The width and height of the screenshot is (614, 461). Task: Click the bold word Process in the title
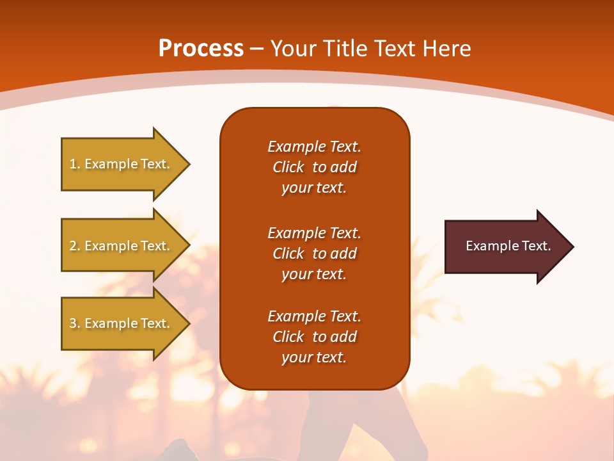[x=201, y=49]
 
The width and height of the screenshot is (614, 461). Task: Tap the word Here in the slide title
[x=445, y=49]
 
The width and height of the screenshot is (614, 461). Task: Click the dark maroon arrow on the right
[x=505, y=247]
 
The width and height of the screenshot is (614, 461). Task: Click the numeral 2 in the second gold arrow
[x=73, y=246]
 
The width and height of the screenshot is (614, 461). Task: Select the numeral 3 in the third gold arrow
[x=73, y=323]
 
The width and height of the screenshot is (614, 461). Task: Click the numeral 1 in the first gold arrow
[x=73, y=164]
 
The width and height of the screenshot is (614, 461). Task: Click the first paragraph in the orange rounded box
[x=314, y=167]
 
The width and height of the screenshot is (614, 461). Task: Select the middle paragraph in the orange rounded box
[x=314, y=254]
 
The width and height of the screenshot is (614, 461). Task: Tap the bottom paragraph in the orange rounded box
[x=314, y=337]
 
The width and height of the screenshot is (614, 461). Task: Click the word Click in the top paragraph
[x=288, y=167]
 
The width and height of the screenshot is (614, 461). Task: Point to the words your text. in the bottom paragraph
[x=314, y=357]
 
